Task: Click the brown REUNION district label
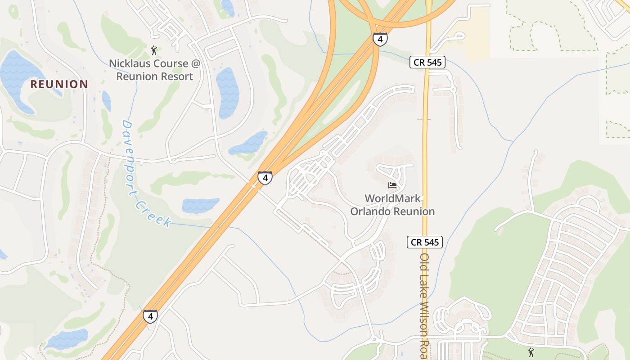(59, 84)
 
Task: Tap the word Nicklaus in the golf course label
(130, 63)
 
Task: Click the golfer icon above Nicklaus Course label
(154, 50)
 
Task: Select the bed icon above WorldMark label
(392, 185)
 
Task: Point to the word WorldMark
(393, 198)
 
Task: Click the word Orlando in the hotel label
(371, 211)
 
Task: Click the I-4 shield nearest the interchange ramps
(380, 39)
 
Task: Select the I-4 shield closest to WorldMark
(265, 178)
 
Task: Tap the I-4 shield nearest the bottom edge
(150, 316)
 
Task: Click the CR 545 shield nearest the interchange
(427, 62)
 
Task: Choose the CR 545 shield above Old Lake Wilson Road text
(425, 242)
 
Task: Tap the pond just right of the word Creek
(200, 205)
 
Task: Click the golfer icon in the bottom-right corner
(531, 351)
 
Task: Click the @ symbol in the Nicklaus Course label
(195, 63)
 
